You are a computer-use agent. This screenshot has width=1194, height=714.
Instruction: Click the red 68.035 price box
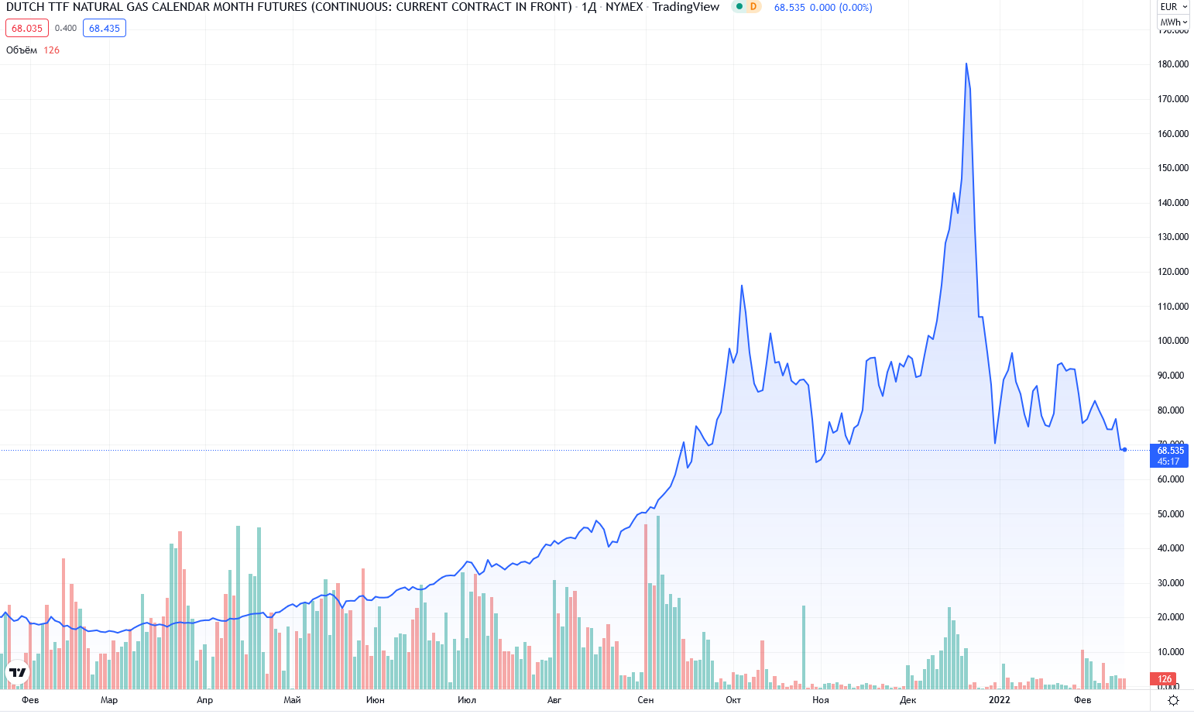point(27,29)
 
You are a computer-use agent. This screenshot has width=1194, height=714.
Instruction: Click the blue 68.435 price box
point(104,29)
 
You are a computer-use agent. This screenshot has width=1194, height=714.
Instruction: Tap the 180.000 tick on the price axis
point(1172,64)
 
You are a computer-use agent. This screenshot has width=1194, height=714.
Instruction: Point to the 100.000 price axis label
point(1172,341)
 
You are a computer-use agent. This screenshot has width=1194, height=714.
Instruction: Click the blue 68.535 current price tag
point(1169,455)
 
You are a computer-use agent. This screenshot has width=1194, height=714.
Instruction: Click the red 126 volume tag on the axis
point(1165,679)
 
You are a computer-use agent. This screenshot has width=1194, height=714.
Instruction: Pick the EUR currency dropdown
point(1173,7)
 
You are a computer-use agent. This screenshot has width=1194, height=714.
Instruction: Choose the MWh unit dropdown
point(1173,22)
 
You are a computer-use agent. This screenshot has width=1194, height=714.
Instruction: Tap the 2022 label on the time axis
point(999,700)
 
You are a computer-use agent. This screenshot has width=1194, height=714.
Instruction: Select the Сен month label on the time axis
point(645,700)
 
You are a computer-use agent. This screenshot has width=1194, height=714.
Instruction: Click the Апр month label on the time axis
point(204,700)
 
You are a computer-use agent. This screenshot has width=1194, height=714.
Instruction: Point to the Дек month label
point(908,700)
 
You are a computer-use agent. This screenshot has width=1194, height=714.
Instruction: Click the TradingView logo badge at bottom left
point(18,672)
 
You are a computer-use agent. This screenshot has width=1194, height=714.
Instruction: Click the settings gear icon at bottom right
point(1173,700)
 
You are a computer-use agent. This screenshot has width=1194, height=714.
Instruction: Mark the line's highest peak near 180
point(966,64)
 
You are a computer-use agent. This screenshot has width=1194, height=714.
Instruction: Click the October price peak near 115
point(742,286)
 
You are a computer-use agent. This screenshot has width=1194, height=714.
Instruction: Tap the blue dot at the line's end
point(1124,449)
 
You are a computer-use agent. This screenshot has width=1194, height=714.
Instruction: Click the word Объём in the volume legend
point(22,50)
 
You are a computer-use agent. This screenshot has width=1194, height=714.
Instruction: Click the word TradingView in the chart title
point(685,7)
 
